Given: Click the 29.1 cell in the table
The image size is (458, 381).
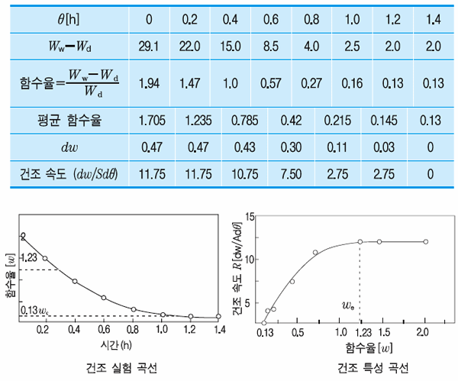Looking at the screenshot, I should [147, 47].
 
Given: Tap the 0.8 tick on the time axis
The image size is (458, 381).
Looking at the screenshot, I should [133, 330].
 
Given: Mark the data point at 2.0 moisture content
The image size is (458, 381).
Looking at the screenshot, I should [425, 242].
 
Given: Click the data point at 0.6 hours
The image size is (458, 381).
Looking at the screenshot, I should [104, 298].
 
